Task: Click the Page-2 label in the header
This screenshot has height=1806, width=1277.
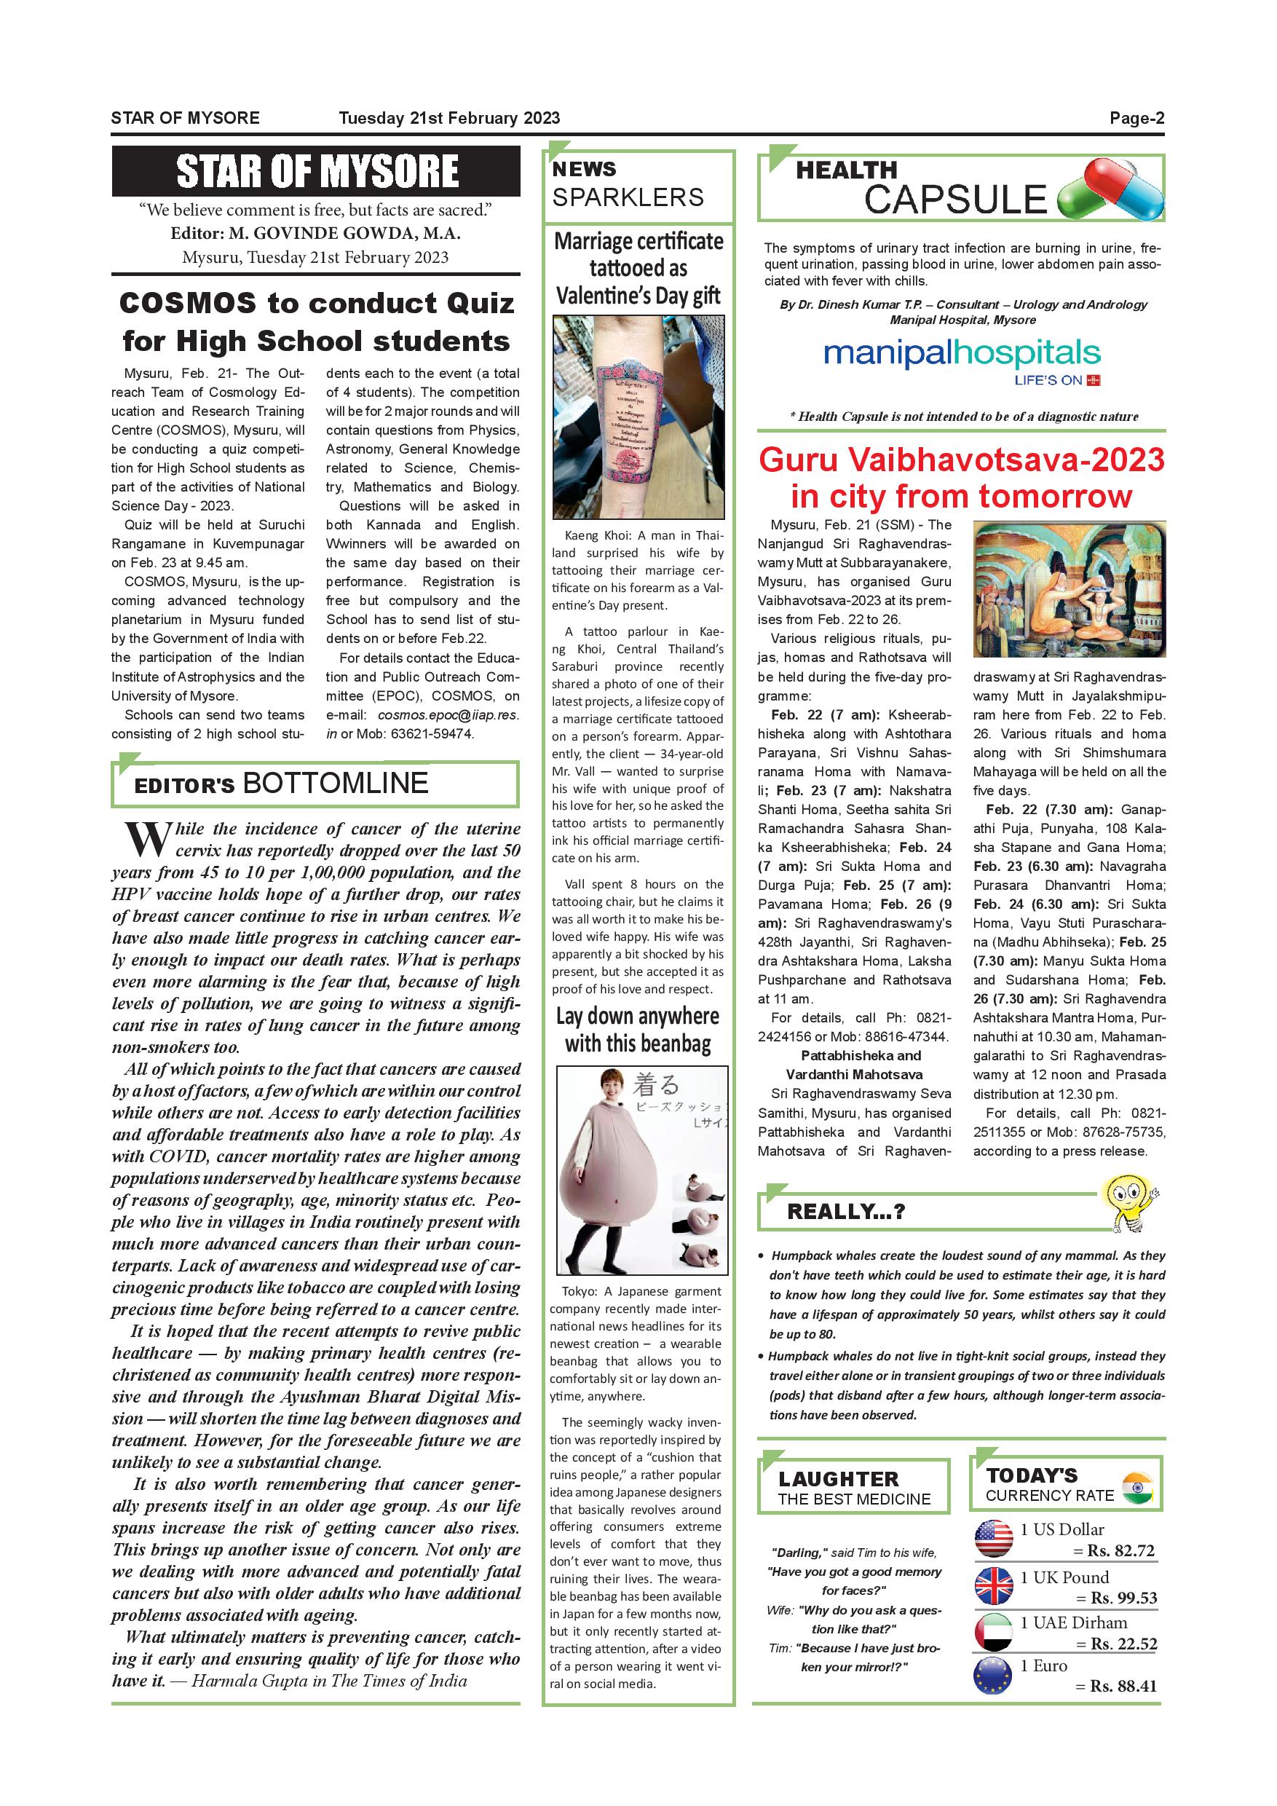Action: coord(1136,118)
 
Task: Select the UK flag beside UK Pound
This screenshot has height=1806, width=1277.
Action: coord(993,1585)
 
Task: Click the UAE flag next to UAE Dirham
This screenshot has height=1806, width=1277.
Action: coord(993,1631)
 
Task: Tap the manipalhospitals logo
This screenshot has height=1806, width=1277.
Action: coord(962,356)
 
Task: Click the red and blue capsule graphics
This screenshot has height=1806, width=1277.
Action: coord(1110,189)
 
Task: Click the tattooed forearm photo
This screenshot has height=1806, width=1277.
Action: coord(638,416)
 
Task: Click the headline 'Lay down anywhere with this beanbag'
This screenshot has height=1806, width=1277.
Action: coord(638,1030)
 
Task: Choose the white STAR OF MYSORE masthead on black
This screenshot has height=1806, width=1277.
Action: coord(316,170)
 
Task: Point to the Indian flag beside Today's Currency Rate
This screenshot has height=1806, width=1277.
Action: coord(1137,1486)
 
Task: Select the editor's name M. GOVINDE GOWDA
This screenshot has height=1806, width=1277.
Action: coord(344,234)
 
